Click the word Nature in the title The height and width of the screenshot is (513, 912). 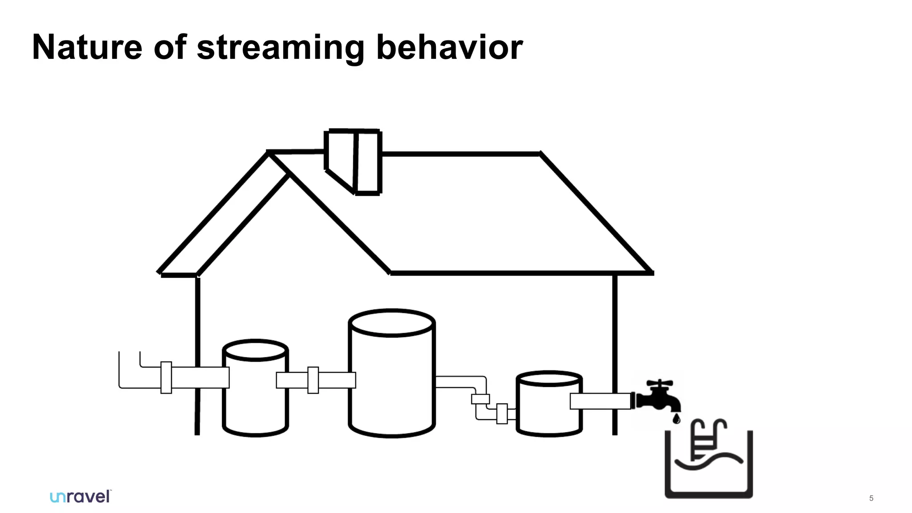pos(87,47)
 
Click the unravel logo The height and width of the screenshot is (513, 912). pos(81,497)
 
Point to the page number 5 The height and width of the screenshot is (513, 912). pos(871,498)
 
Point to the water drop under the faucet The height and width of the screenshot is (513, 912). pos(676,419)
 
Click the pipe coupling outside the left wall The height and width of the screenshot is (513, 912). pos(166,377)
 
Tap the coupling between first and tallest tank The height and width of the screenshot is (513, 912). pos(313,380)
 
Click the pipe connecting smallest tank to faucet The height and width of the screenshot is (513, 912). pos(600,401)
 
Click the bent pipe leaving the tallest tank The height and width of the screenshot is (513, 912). pos(463,382)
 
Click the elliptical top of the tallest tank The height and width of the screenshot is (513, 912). pos(391,323)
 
